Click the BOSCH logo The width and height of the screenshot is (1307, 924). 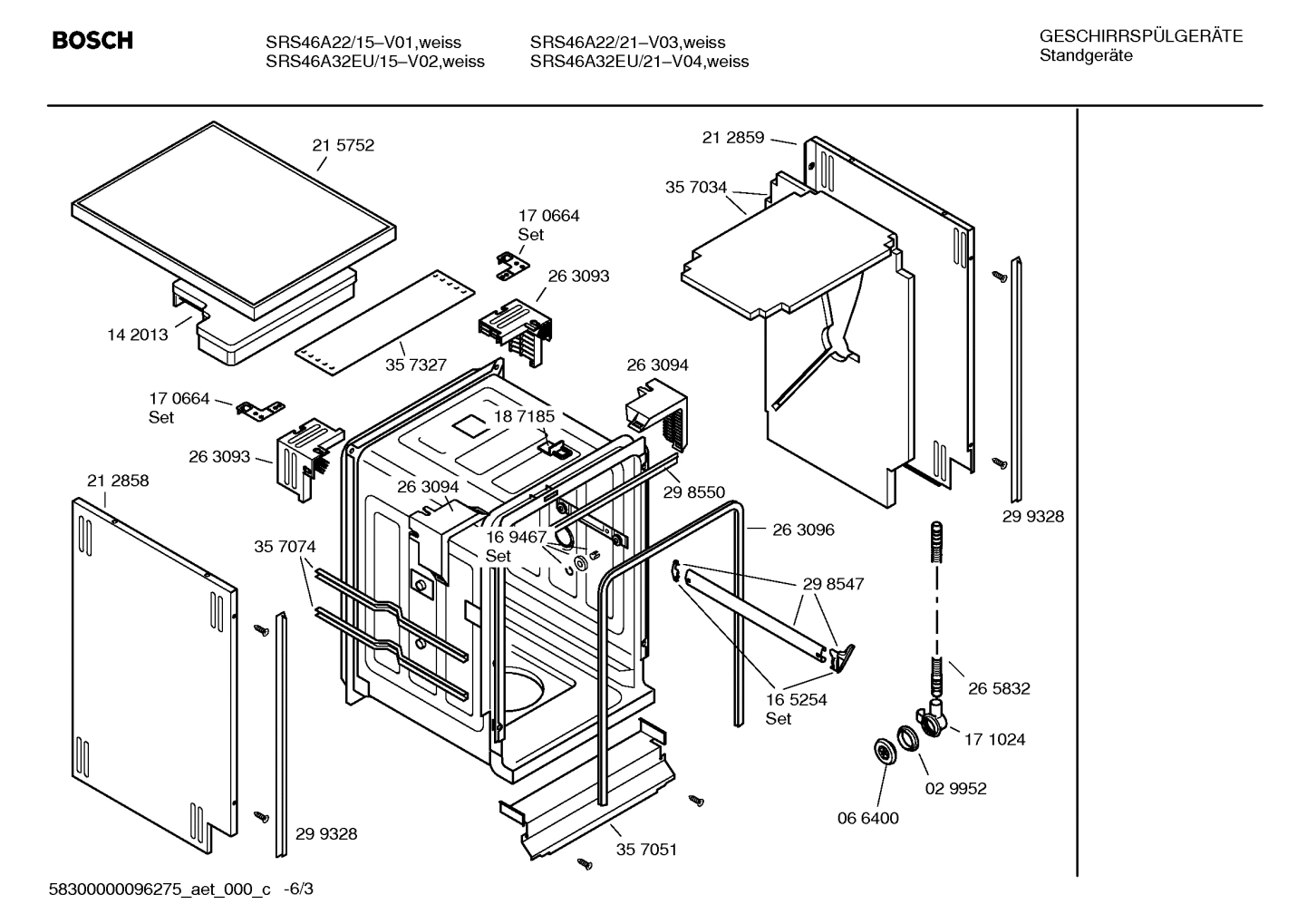92,41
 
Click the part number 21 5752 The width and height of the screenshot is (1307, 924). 343,145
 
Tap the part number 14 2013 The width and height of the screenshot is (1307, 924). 137,335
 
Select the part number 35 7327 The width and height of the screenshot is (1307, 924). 415,365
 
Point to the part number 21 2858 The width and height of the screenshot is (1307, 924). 118,481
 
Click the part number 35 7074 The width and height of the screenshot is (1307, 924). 285,547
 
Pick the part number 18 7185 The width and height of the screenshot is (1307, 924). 524,416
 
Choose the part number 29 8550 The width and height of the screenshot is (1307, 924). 693,492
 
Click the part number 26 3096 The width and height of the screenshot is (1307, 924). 803,530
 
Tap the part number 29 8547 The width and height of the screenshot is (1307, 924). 833,584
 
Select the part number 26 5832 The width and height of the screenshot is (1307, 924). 999,688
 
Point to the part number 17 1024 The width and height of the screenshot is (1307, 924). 994,739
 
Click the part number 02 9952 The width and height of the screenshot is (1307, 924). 955,788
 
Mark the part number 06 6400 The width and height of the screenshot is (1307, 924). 867,818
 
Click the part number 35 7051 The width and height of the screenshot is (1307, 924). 646,850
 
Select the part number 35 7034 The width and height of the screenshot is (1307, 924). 695,188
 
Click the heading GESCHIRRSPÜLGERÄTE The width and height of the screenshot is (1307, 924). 1140,36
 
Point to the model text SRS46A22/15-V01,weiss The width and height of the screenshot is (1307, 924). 363,43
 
